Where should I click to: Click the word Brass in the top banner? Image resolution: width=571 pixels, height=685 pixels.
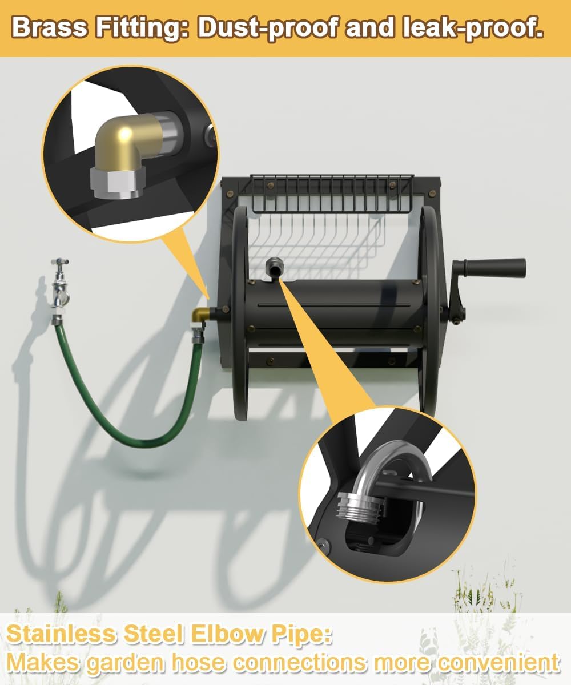[50, 27]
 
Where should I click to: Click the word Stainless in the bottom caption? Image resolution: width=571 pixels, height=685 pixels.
[61, 634]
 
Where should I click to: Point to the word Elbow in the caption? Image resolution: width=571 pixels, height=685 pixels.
[227, 634]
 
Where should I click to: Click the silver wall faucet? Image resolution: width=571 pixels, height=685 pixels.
[61, 288]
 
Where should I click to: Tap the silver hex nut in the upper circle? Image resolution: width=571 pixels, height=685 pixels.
[118, 183]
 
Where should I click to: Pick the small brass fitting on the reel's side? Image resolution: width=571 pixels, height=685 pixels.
[200, 315]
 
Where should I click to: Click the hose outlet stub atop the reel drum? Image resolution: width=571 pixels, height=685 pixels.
[275, 266]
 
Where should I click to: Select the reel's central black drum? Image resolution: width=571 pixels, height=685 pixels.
[335, 315]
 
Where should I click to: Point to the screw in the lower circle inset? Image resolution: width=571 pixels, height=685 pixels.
[323, 545]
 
